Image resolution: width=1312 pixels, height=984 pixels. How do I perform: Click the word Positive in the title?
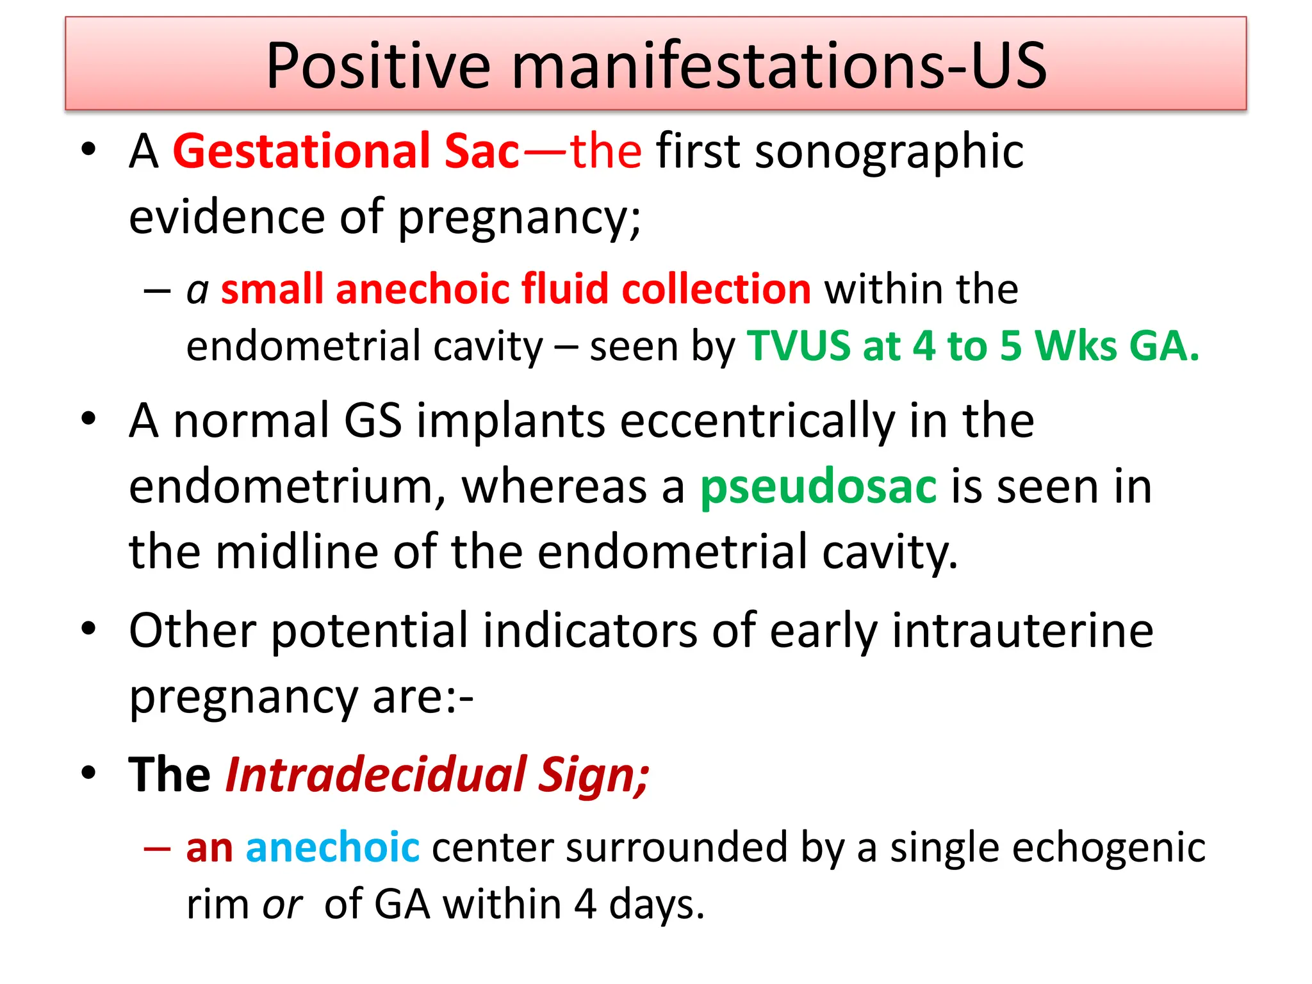point(378,65)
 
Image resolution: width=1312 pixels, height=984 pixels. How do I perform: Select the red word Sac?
point(482,151)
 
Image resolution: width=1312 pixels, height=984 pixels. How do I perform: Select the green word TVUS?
point(798,346)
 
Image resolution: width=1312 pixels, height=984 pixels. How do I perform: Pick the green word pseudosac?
point(818,487)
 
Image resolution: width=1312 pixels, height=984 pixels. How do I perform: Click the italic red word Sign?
point(593,776)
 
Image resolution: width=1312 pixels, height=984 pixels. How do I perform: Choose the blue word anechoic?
point(332,847)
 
